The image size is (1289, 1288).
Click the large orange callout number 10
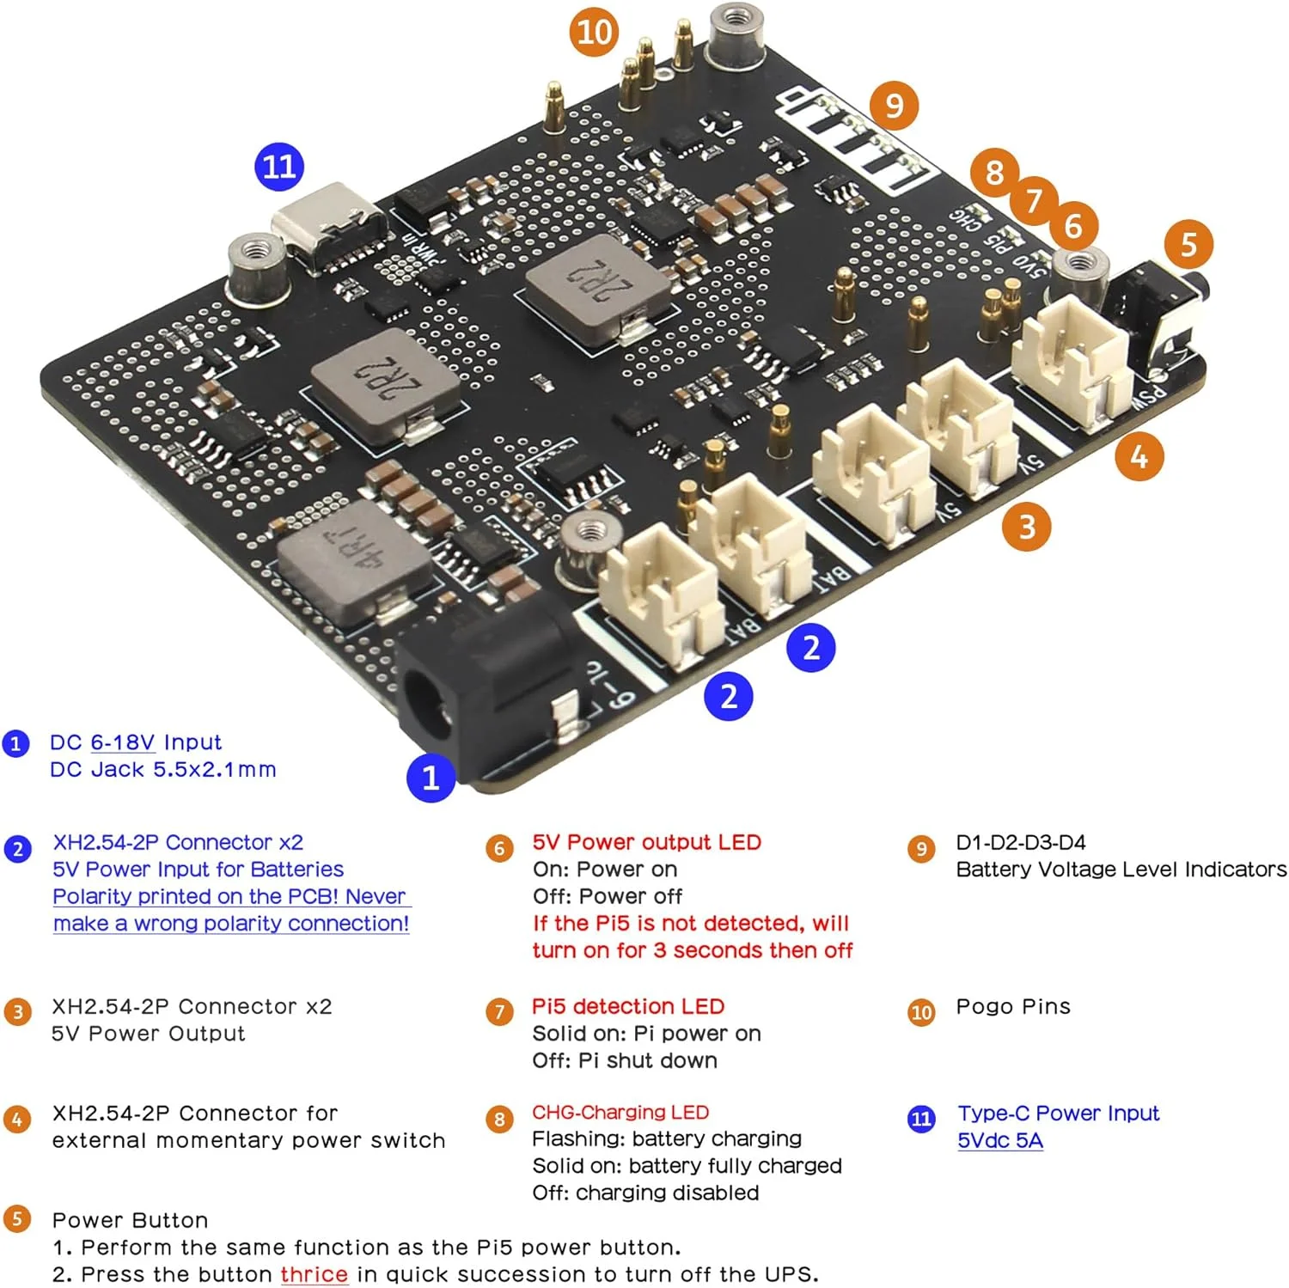(594, 33)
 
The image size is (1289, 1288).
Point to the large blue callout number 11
(279, 166)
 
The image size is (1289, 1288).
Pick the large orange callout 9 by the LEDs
(894, 106)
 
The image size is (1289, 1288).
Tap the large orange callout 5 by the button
(1188, 244)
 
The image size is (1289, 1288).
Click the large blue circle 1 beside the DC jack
(431, 778)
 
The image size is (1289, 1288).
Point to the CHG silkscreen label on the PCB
(967, 219)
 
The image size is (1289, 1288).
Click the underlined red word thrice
(314, 1274)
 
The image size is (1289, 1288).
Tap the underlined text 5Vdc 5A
(1000, 1140)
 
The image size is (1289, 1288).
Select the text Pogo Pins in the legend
(1013, 1006)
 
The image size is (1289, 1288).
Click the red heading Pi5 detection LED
(628, 1006)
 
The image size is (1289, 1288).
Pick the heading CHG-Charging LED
(620, 1112)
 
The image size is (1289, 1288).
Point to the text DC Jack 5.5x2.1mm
(163, 769)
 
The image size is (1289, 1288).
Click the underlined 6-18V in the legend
(122, 742)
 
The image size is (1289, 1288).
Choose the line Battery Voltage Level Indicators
(1121, 870)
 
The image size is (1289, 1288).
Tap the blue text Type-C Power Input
(1059, 1113)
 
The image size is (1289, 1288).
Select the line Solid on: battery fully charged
(687, 1166)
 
